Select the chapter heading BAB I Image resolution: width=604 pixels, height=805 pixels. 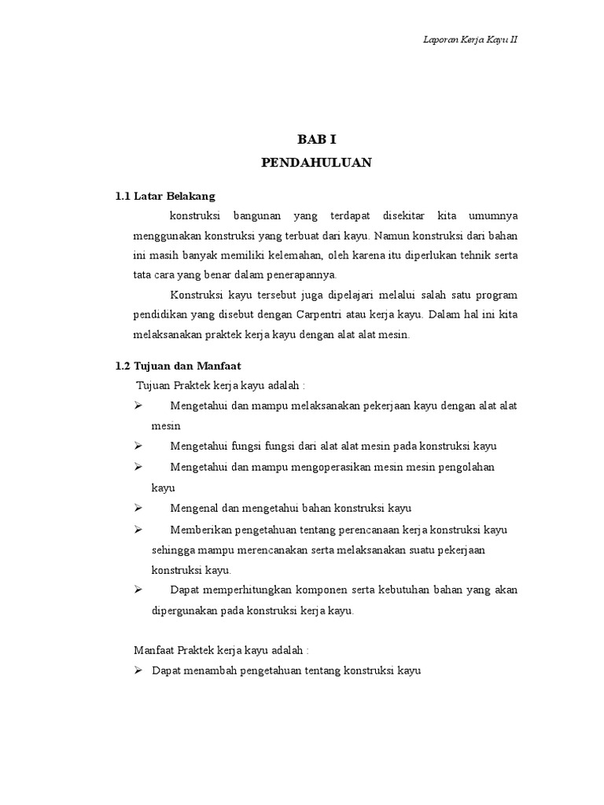(316, 139)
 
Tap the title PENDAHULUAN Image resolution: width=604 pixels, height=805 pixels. (316, 163)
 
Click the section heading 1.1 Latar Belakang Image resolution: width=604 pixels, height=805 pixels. (165, 195)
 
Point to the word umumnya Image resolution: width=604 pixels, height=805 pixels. (493, 215)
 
